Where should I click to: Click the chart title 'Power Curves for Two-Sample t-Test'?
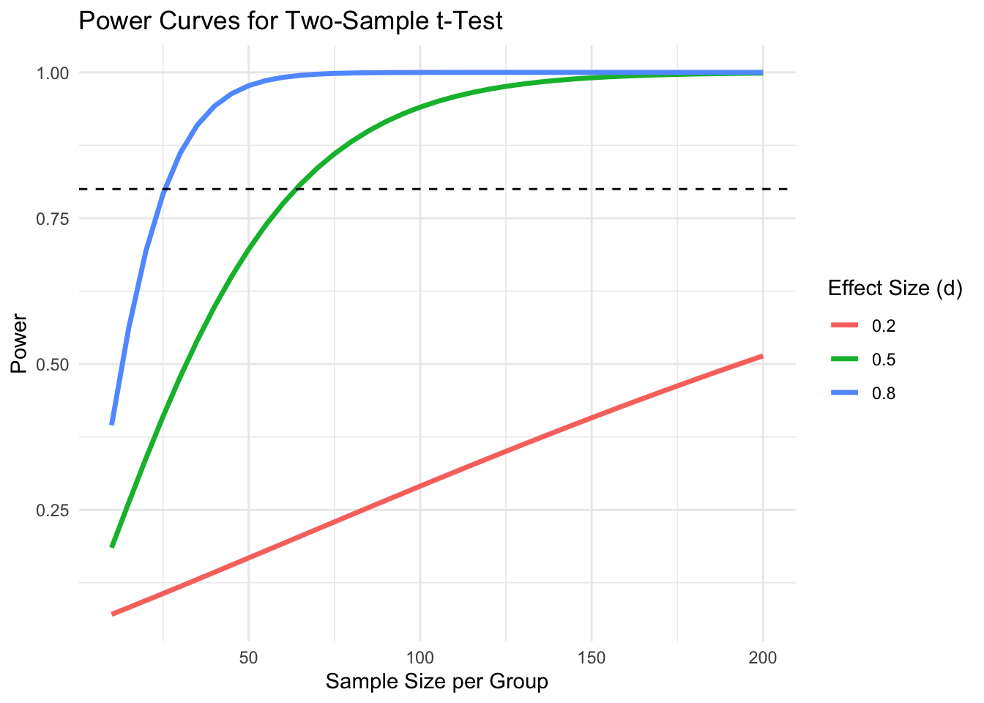tap(290, 21)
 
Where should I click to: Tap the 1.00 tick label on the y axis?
tap(53, 73)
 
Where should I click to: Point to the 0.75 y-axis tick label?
tap(53, 219)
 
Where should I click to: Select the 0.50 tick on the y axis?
tap(53, 365)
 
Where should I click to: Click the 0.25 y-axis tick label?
tap(53, 510)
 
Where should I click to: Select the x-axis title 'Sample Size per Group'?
tap(436, 682)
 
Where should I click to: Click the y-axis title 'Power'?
tap(19, 343)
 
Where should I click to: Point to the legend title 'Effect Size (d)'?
tap(894, 289)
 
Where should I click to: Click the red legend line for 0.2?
tap(844, 326)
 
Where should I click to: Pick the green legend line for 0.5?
tap(844, 360)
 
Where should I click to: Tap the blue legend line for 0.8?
tap(844, 393)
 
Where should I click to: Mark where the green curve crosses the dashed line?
tap(297, 189)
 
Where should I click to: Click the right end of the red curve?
tap(762, 356)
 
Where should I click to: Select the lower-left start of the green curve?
tap(112, 546)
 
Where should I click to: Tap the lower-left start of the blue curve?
tap(112, 423)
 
